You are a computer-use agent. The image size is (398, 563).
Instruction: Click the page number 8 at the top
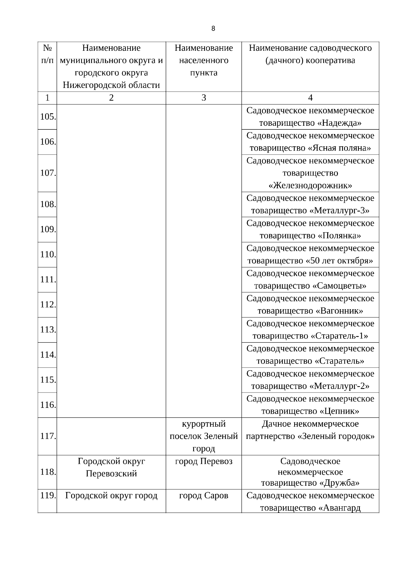213,29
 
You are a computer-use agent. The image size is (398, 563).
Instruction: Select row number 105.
47,117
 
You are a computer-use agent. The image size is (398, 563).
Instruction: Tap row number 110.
47,254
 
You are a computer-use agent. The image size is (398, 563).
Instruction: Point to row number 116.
47,405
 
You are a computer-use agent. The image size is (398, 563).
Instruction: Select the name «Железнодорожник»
310,185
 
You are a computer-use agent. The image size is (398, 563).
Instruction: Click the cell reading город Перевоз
204,461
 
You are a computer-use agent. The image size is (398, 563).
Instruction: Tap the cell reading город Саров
204,496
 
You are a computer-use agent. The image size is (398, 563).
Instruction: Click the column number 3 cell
204,98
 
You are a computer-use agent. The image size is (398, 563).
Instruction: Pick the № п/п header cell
47,54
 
